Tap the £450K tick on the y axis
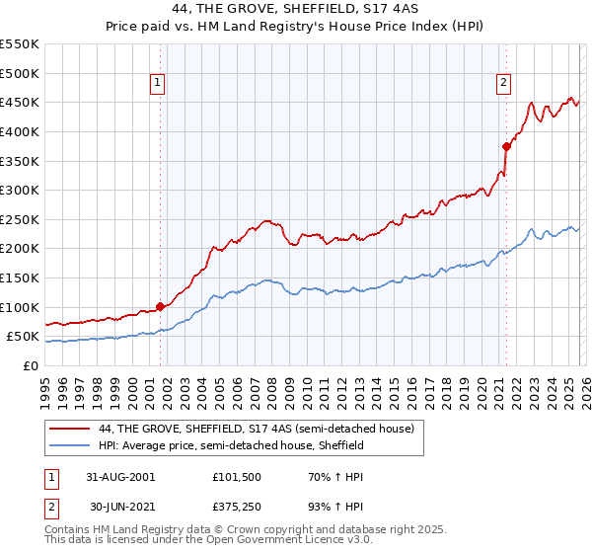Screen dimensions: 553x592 click(20, 102)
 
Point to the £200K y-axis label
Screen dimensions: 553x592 click(20, 249)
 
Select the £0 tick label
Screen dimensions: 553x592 click(32, 365)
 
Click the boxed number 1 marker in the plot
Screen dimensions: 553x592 click(159, 84)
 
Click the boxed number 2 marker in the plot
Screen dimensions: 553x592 click(504, 84)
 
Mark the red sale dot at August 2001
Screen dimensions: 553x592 click(161, 306)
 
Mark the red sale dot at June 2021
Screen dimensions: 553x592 click(506, 146)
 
